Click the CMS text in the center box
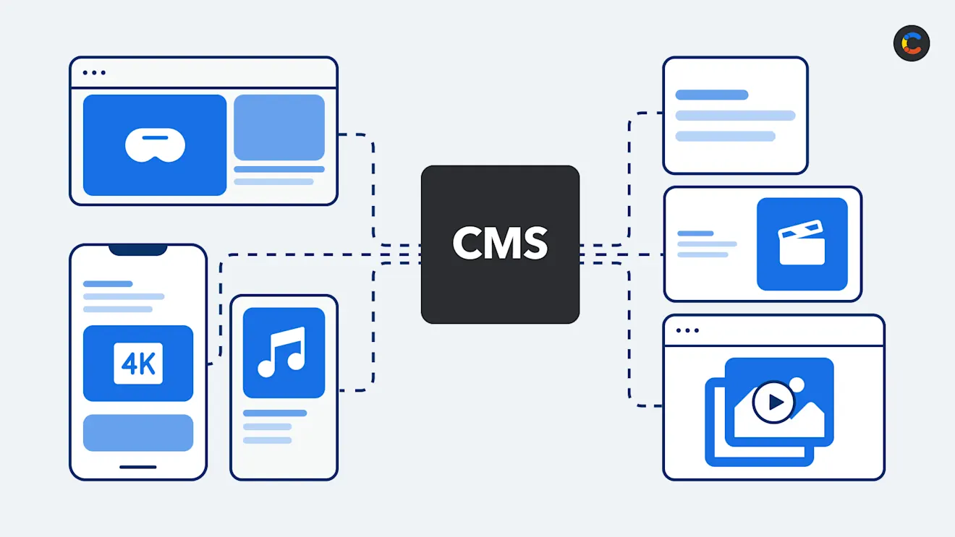[500, 244]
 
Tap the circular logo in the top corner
[912, 43]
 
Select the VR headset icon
[155, 145]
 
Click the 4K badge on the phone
[138, 363]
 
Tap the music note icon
[283, 352]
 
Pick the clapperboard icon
[802, 243]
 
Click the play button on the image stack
[773, 401]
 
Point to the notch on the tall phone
[138, 249]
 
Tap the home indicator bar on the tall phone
[138, 467]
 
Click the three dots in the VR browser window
[94, 72]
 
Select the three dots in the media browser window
[687, 330]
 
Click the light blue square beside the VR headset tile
[279, 127]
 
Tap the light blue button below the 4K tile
[138, 432]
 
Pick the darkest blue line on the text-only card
[712, 95]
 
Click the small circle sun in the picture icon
[797, 385]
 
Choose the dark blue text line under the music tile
[275, 413]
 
